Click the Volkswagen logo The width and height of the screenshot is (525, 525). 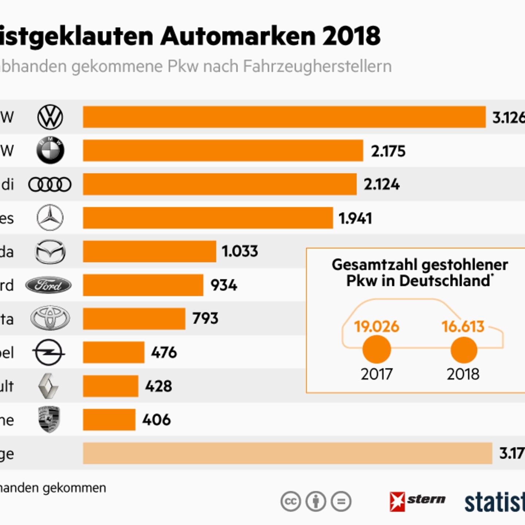pyautogui.click(x=50, y=117)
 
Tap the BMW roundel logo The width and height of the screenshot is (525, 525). pyautogui.click(x=50, y=151)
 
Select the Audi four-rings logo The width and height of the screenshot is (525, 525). pyautogui.click(x=50, y=184)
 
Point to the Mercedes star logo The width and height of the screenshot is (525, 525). pyautogui.click(x=50, y=218)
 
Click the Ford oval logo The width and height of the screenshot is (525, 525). pyautogui.click(x=48, y=285)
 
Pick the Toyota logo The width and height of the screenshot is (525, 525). pyautogui.click(x=50, y=318)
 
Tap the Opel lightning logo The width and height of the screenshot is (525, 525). pyautogui.click(x=49, y=353)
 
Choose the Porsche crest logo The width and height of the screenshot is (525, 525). pyautogui.click(x=49, y=420)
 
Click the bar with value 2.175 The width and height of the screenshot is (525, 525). pyautogui.click(x=223, y=151)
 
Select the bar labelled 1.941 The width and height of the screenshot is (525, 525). pyautogui.click(x=208, y=218)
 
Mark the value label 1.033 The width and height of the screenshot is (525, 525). pyautogui.click(x=240, y=251)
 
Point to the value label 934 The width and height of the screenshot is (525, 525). pyautogui.click(x=224, y=285)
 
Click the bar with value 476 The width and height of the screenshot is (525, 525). pyautogui.click(x=114, y=353)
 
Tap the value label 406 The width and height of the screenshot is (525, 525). pyautogui.click(x=156, y=420)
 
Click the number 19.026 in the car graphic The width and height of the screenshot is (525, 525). pyautogui.click(x=377, y=326)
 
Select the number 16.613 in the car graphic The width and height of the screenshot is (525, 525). pyautogui.click(x=463, y=326)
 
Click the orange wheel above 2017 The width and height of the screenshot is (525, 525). pyautogui.click(x=377, y=349)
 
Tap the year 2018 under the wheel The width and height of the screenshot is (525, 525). pyautogui.click(x=463, y=374)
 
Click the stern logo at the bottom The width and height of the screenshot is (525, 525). pyautogui.click(x=417, y=501)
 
